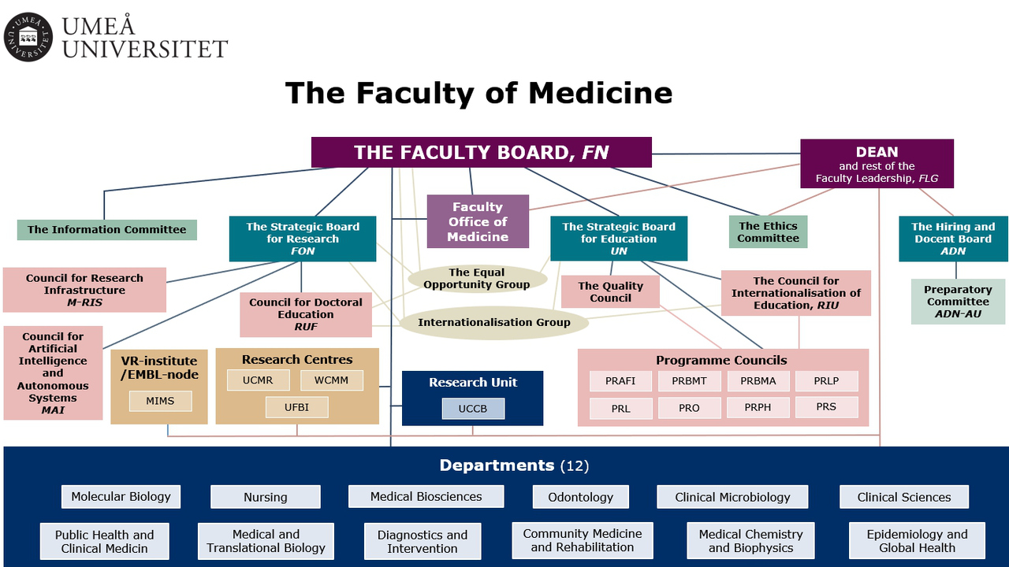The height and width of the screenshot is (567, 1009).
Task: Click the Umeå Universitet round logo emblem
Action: pyautogui.click(x=28, y=37)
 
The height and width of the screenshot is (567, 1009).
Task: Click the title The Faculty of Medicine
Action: pyautogui.click(x=478, y=93)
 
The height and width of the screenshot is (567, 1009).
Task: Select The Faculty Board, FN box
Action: pyautogui.click(x=481, y=152)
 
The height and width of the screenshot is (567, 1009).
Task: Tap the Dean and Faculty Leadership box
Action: pyautogui.click(x=877, y=165)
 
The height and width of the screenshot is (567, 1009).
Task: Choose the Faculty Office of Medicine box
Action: pyautogui.click(x=478, y=221)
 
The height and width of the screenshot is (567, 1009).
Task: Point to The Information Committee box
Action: pyautogui.click(x=106, y=230)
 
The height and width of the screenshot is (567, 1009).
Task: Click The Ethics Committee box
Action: pyautogui.click(x=768, y=232)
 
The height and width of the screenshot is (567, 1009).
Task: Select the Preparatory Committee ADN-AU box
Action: pyautogui.click(x=958, y=302)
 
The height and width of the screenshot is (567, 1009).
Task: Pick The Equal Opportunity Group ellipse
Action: pyautogui.click(x=477, y=279)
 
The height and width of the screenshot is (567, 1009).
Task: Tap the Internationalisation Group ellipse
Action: pyautogui.click(x=493, y=322)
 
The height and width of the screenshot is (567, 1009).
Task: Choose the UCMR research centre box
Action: pyautogui.click(x=258, y=380)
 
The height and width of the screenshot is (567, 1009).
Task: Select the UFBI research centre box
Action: pyautogui.click(x=296, y=407)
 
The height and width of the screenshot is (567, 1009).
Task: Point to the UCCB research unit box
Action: pyautogui.click(x=472, y=409)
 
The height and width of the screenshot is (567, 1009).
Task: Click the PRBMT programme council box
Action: pyautogui.click(x=689, y=381)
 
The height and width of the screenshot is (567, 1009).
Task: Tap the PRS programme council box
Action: pyautogui.click(x=825, y=407)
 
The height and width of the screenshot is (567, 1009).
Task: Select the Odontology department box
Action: pyautogui.click(x=580, y=497)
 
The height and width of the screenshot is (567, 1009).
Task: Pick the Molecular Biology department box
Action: pyautogui.click(x=121, y=497)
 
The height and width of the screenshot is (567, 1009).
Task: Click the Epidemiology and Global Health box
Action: pyautogui.click(x=917, y=541)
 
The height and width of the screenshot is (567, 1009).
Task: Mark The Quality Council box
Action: pyautogui.click(x=610, y=292)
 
